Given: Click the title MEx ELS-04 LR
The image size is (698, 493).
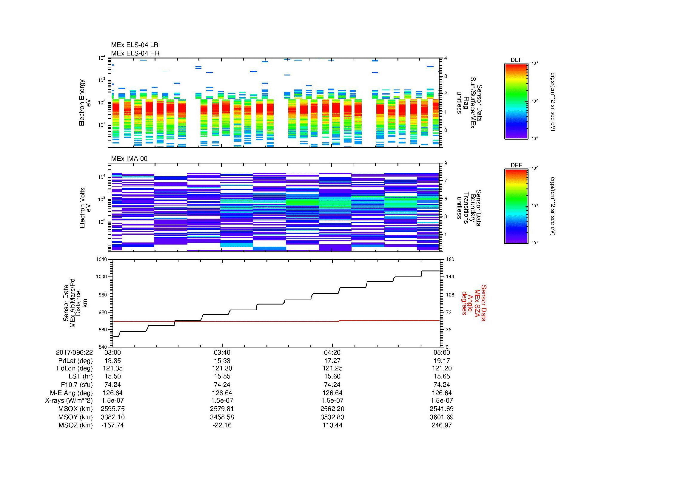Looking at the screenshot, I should pyautogui.click(x=134, y=45).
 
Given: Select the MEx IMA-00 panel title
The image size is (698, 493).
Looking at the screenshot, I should pyautogui.click(x=129, y=159).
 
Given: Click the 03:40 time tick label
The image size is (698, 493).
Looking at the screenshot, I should pyautogui.click(x=222, y=352).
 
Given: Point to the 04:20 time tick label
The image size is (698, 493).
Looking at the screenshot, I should pyautogui.click(x=332, y=352).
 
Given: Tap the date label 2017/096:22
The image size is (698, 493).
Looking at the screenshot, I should pyautogui.click(x=74, y=352).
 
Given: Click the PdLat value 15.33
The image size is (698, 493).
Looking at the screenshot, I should pyautogui.click(x=222, y=361).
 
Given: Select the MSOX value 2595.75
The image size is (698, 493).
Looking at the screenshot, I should pyautogui.click(x=113, y=409).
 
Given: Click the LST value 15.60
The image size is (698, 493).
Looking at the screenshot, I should pyautogui.click(x=332, y=376).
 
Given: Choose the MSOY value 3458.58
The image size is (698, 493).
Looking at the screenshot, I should pyautogui.click(x=222, y=417).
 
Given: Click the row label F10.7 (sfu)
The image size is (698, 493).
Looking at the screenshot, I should pyautogui.click(x=77, y=384).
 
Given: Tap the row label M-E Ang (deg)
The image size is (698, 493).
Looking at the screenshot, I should pyautogui.click(x=72, y=393).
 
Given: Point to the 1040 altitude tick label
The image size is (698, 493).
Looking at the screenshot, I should pyautogui.click(x=101, y=259).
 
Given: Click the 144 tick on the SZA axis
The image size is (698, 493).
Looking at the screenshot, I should pyautogui.click(x=449, y=277).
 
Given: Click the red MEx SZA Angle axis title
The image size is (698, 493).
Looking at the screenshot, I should pyautogui.click(x=474, y=303).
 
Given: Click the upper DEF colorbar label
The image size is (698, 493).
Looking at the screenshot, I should pyautogui.click(x=516, y=60).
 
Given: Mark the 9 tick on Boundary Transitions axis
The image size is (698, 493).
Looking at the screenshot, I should pyautogui.click(x=446, y=163).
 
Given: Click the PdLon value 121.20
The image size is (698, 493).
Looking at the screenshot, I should pyautogui.click(x=441, y=368).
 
